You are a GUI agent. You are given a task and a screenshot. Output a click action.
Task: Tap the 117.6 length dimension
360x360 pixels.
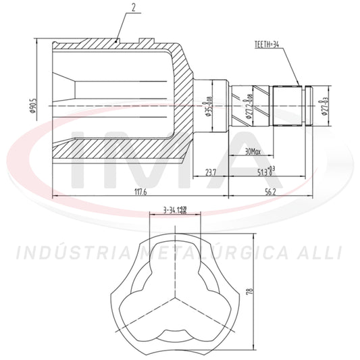(140, 192)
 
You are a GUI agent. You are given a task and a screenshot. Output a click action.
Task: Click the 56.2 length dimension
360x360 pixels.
(270, 192)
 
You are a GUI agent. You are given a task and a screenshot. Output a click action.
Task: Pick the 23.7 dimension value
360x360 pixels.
(211, 174)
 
